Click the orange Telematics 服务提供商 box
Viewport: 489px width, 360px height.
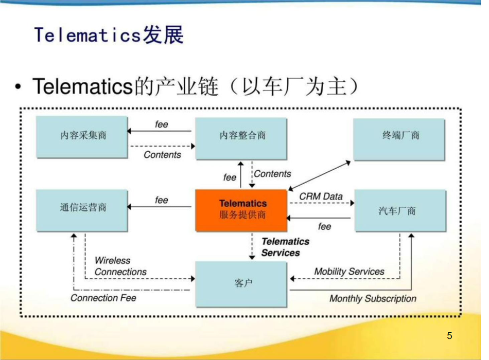coord(241,210)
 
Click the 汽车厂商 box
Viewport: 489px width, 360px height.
coord(400,210)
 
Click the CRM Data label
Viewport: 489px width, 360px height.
coord(321,196)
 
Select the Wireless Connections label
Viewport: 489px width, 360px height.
coord(120,266)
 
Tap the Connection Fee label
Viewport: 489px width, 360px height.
coord(103,298)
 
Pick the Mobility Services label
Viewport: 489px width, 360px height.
coord(349,272)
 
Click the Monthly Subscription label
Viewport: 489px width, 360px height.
coord(373,298)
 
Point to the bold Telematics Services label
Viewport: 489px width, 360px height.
coord(285,247)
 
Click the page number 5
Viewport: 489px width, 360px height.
coord(449,336)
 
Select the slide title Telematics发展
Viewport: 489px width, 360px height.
coord(109,35)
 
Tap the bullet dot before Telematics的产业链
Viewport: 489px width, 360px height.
coord(19,87)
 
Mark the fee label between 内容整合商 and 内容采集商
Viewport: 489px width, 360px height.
coord(162,124)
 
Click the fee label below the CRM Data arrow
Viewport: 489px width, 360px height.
coord(324,226)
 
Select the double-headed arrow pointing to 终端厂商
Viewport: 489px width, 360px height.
coord(319,175)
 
